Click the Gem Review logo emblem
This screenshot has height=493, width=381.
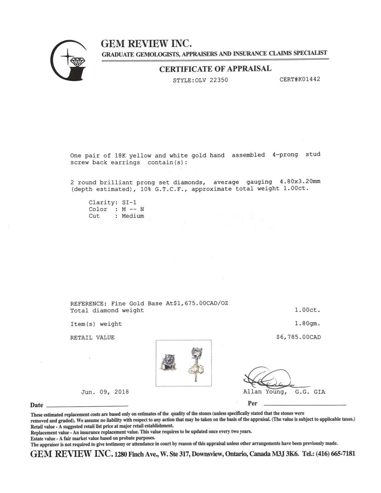pos(68,60)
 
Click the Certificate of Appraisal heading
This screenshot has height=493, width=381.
pos(215,69)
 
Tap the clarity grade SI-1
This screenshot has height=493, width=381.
pos(129,203)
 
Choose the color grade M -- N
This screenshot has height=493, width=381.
pos(133,209)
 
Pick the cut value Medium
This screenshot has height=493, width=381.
pos(133,216)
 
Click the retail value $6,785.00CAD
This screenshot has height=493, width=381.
pos(299,337)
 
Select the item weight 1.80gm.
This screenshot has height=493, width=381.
pos(307,324)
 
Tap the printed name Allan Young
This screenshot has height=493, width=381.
pos(265,392)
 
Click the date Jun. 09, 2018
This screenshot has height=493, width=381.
pos(105,392)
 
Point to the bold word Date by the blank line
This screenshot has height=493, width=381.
pos(36,405)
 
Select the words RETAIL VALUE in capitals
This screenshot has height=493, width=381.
pos(92,338)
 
